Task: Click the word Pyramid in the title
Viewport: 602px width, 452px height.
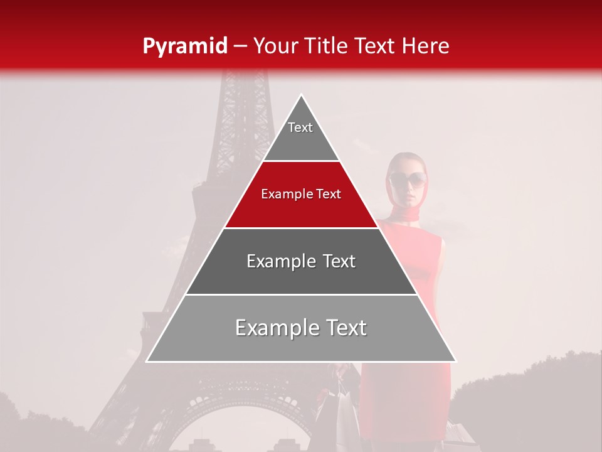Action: (185, 46)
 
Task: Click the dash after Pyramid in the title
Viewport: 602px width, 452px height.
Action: (240, 46)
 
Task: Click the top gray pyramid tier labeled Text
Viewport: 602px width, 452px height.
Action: (301, 138)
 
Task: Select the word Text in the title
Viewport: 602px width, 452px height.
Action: (375, 46)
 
